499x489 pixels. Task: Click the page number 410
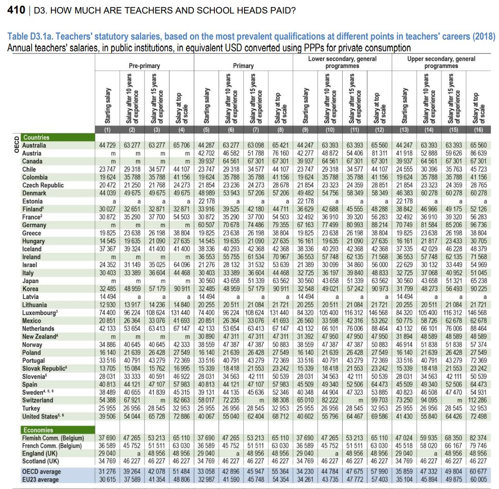(x=16, y=10)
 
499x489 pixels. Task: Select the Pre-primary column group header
(x=144, y=66)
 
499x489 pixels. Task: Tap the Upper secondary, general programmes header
(x=441, y=62)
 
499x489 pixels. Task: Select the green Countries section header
(x=36, y=137)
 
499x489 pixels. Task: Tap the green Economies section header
(x=38, y=430)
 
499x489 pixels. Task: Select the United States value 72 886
(x=181, y=416)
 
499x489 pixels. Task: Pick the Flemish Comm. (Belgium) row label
(x=53, y=438)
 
